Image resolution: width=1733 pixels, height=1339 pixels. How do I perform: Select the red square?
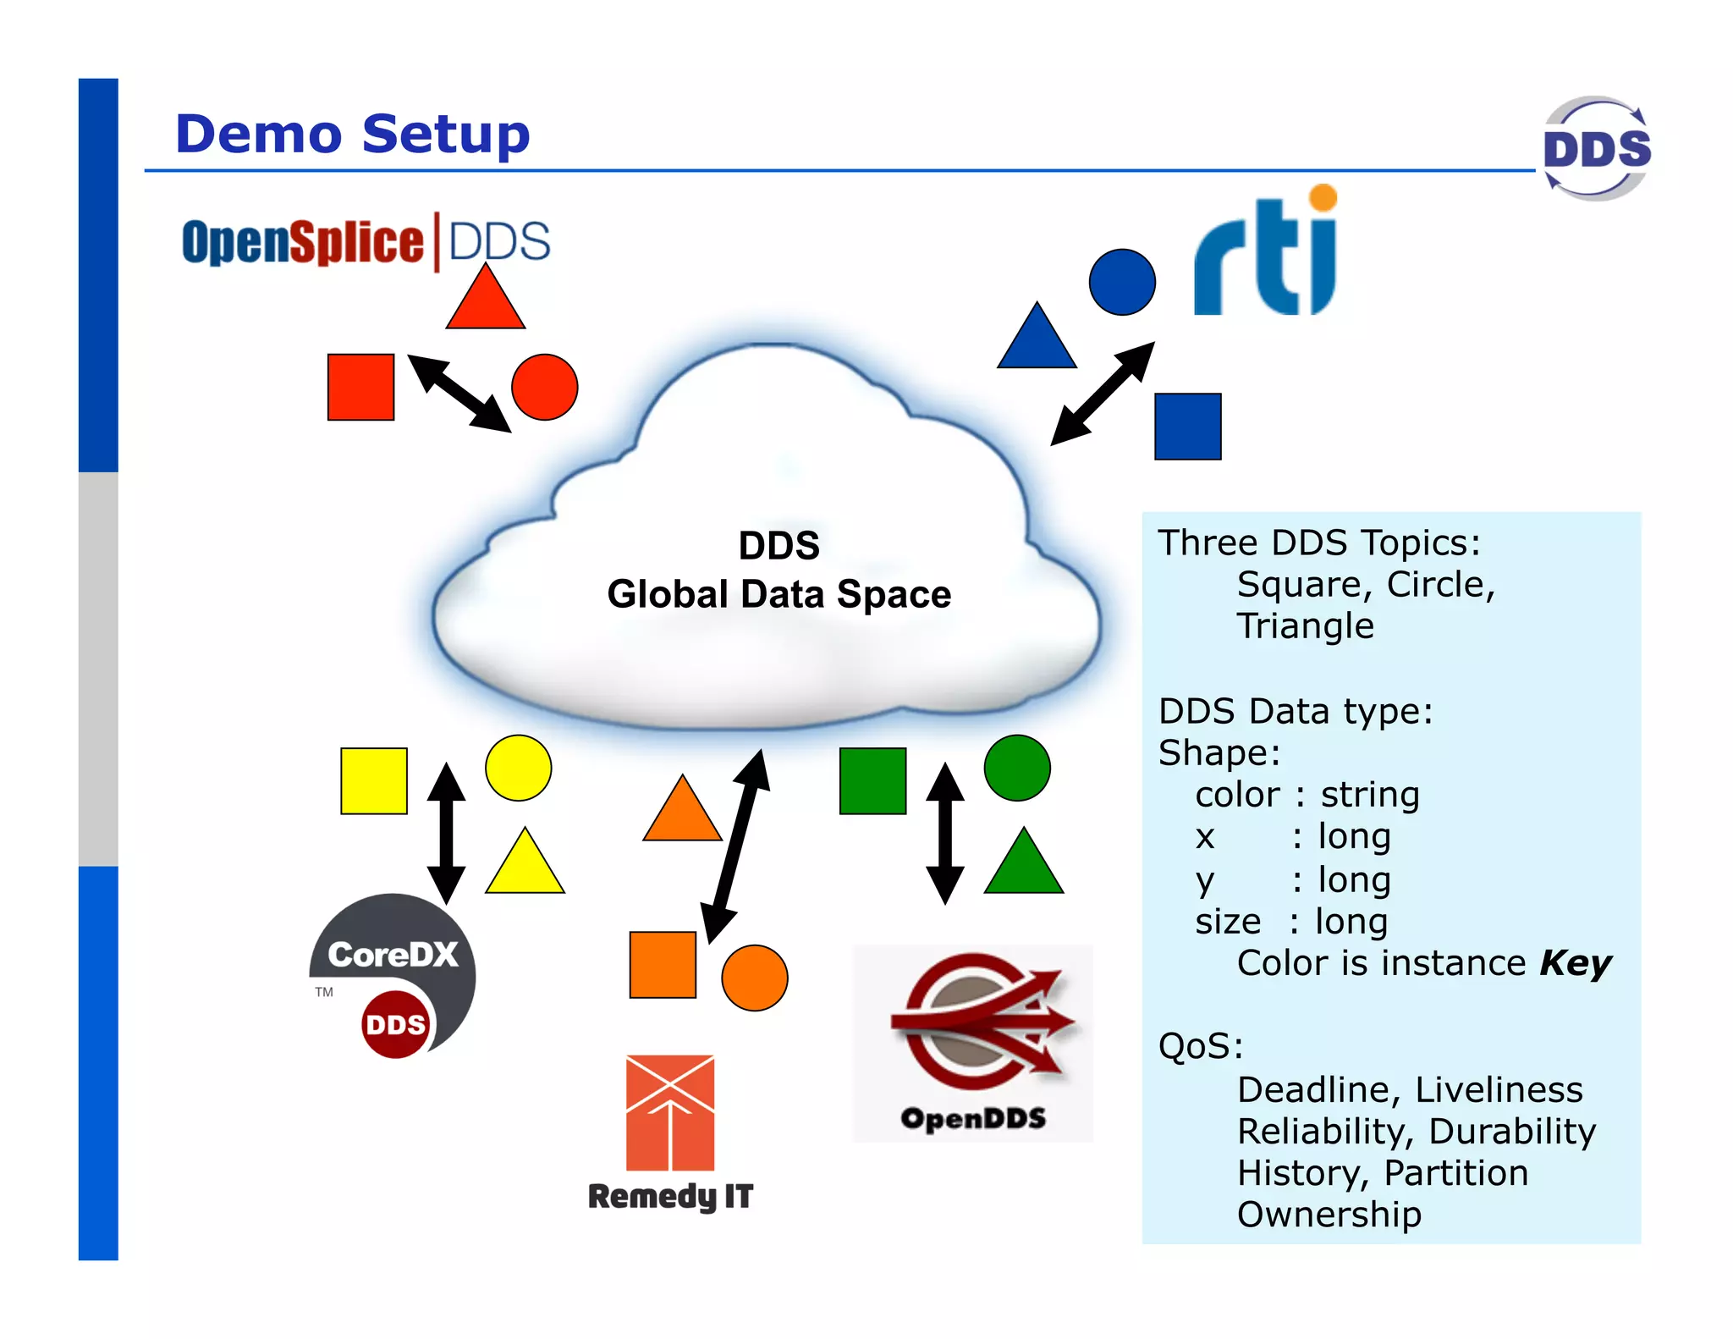pyautogui.click(x=360, y=387)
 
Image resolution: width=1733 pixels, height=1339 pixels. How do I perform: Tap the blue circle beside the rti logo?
pyautogui.click(x=1122, y=282)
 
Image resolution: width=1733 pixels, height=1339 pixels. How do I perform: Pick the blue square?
pyautogui.click(x=1187, y=427)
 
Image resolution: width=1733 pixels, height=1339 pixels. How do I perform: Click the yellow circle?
pyautogui.click(x=518, y=768)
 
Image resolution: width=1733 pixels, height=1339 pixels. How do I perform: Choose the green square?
pyautogui.click(x=872, y=780)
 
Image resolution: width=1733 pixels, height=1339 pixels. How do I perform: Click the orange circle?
pyautogui.click(x=754, y=978)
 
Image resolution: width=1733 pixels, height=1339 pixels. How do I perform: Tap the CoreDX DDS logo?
pyautogui.click(x=393, y=973)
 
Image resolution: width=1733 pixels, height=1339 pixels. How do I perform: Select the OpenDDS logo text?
pyautogui.click(x=973, y=1118)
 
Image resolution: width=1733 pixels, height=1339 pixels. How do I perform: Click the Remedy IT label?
pyautogui.click(x=670, y=1196)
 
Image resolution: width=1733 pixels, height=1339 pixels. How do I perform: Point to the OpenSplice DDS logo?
pyautogui.click(x=366, y=242)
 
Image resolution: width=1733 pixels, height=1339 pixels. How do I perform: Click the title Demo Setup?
pyautogui.click(x=352, y=134)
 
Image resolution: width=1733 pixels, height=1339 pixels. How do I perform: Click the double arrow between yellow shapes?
pyautogui.click(x=446, y=833)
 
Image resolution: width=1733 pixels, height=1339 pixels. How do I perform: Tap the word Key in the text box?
pyautogui.click(x=1575, y=963)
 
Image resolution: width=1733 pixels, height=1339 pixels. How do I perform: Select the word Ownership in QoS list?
pyautogui.click(x=1329, y=1215)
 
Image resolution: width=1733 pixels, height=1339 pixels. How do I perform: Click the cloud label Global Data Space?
pyautogui.click(x=778, y=594)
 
